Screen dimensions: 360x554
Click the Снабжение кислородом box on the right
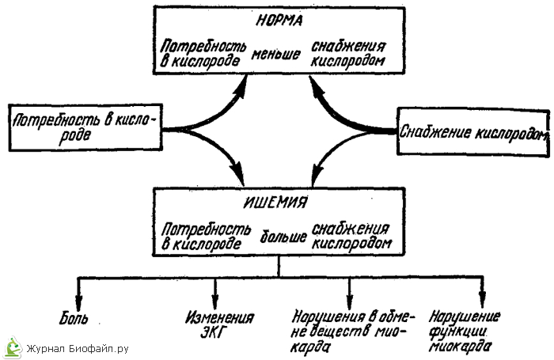tap(473, 132)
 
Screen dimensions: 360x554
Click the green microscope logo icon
tap(12, 347)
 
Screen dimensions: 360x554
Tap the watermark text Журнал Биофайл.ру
tap(77, 348)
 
